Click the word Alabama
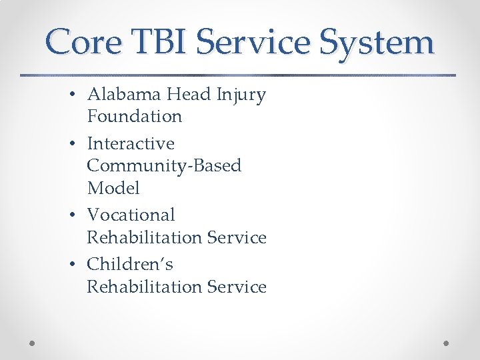point(124,95)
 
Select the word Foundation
point(134,117)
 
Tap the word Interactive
point(131,144)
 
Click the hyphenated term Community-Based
point(164,166)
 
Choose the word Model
point(113,188)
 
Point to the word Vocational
point(131,215)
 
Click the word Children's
point(130,265)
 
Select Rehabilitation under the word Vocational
point(145,237)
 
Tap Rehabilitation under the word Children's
point(145,287)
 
